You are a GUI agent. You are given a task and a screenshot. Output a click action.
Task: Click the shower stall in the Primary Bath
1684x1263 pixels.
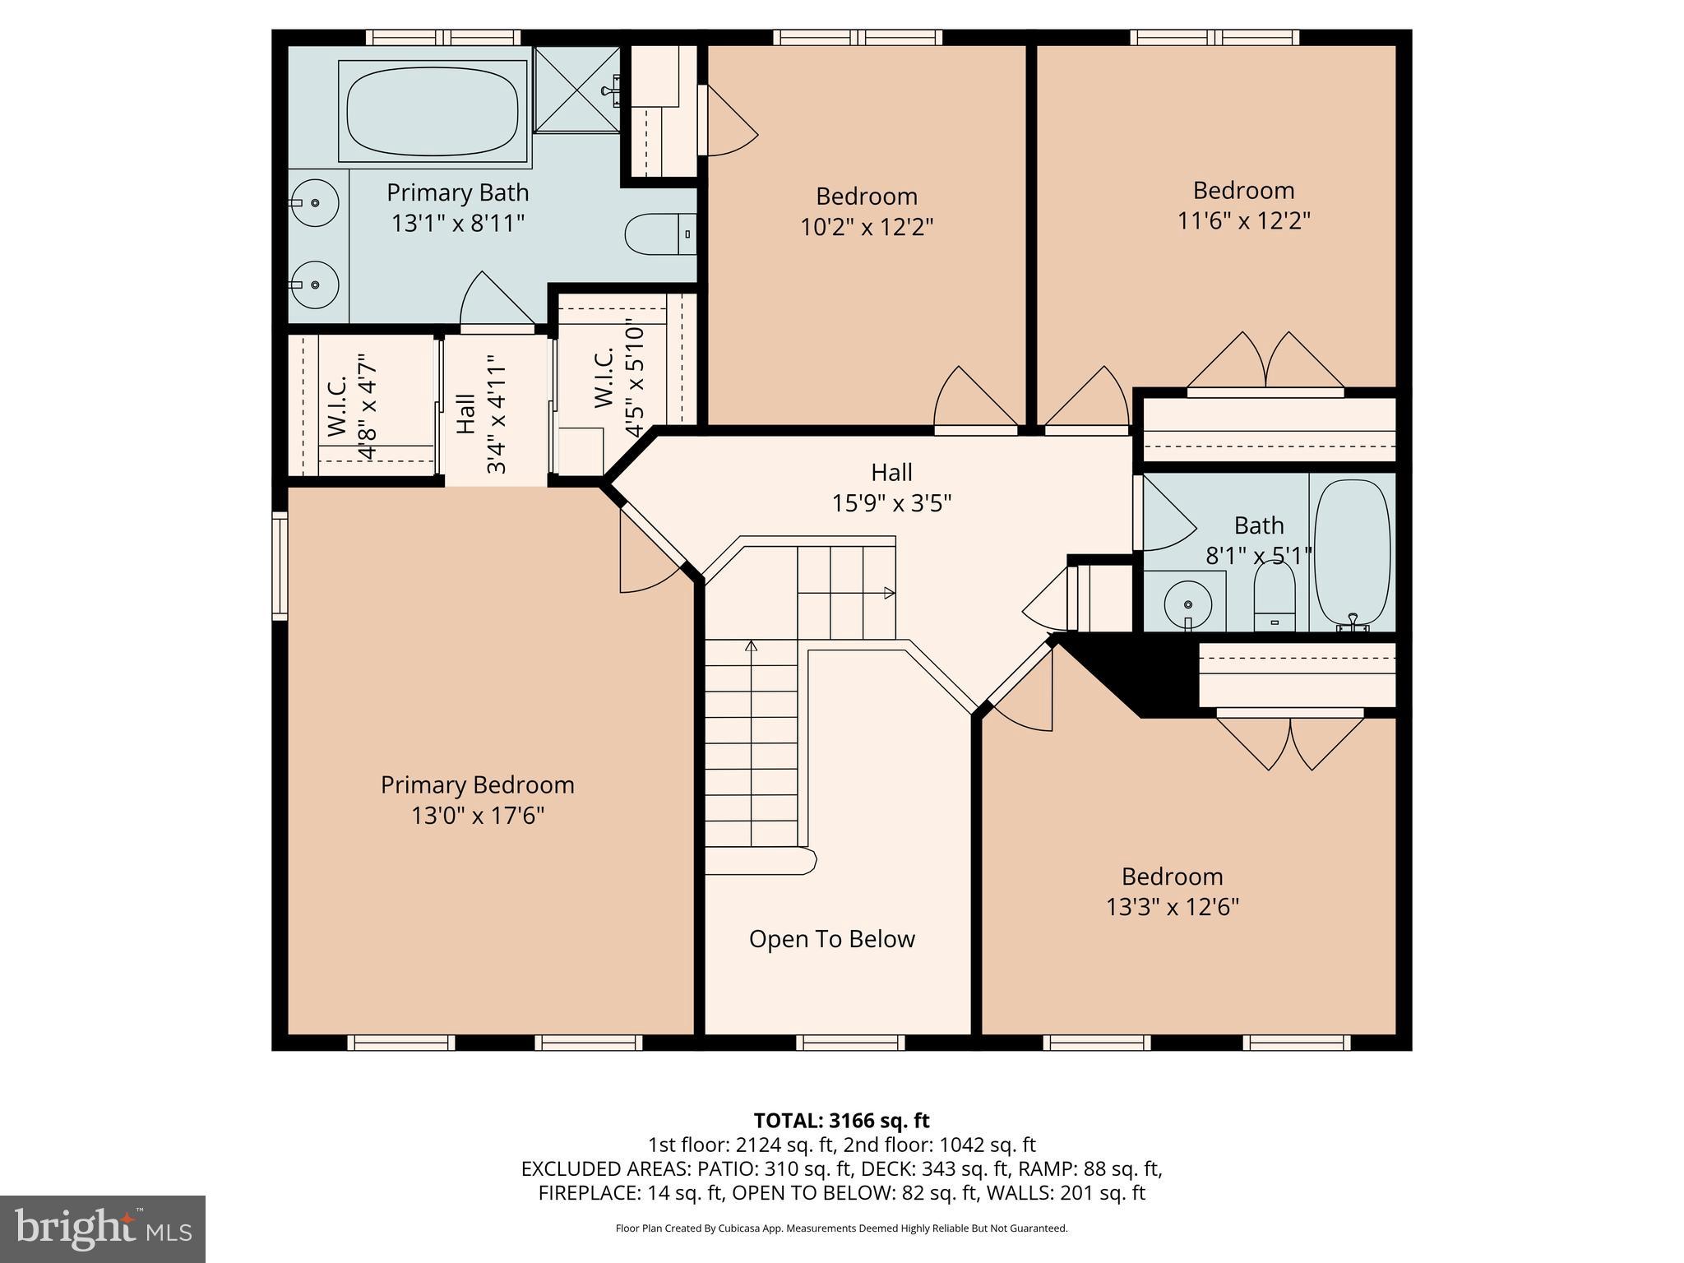[577, 89]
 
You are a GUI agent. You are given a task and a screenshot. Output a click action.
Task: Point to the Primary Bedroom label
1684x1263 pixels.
[477, 784]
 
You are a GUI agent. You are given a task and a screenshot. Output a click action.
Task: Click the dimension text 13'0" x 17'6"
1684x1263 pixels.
[477, 816]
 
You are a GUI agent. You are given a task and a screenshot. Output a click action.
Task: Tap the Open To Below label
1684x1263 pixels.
[831, 939]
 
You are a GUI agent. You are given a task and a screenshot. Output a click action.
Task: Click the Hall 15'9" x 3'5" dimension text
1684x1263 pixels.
[891, 502]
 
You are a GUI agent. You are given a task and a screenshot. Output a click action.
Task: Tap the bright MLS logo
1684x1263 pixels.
[102, 1229]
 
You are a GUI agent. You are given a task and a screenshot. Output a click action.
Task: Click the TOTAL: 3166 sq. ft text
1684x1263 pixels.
[841, 1121]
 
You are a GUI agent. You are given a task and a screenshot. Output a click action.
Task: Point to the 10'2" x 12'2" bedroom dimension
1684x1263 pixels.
[867, 227]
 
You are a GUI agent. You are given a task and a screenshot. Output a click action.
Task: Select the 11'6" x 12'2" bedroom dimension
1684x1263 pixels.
[1243, 221]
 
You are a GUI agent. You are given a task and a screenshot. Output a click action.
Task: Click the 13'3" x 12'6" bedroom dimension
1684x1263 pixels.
[1172, 907]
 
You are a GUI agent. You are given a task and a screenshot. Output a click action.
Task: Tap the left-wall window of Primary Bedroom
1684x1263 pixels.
[280, 565]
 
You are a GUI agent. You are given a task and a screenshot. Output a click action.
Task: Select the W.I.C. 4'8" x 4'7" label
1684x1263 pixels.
[353, 406]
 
